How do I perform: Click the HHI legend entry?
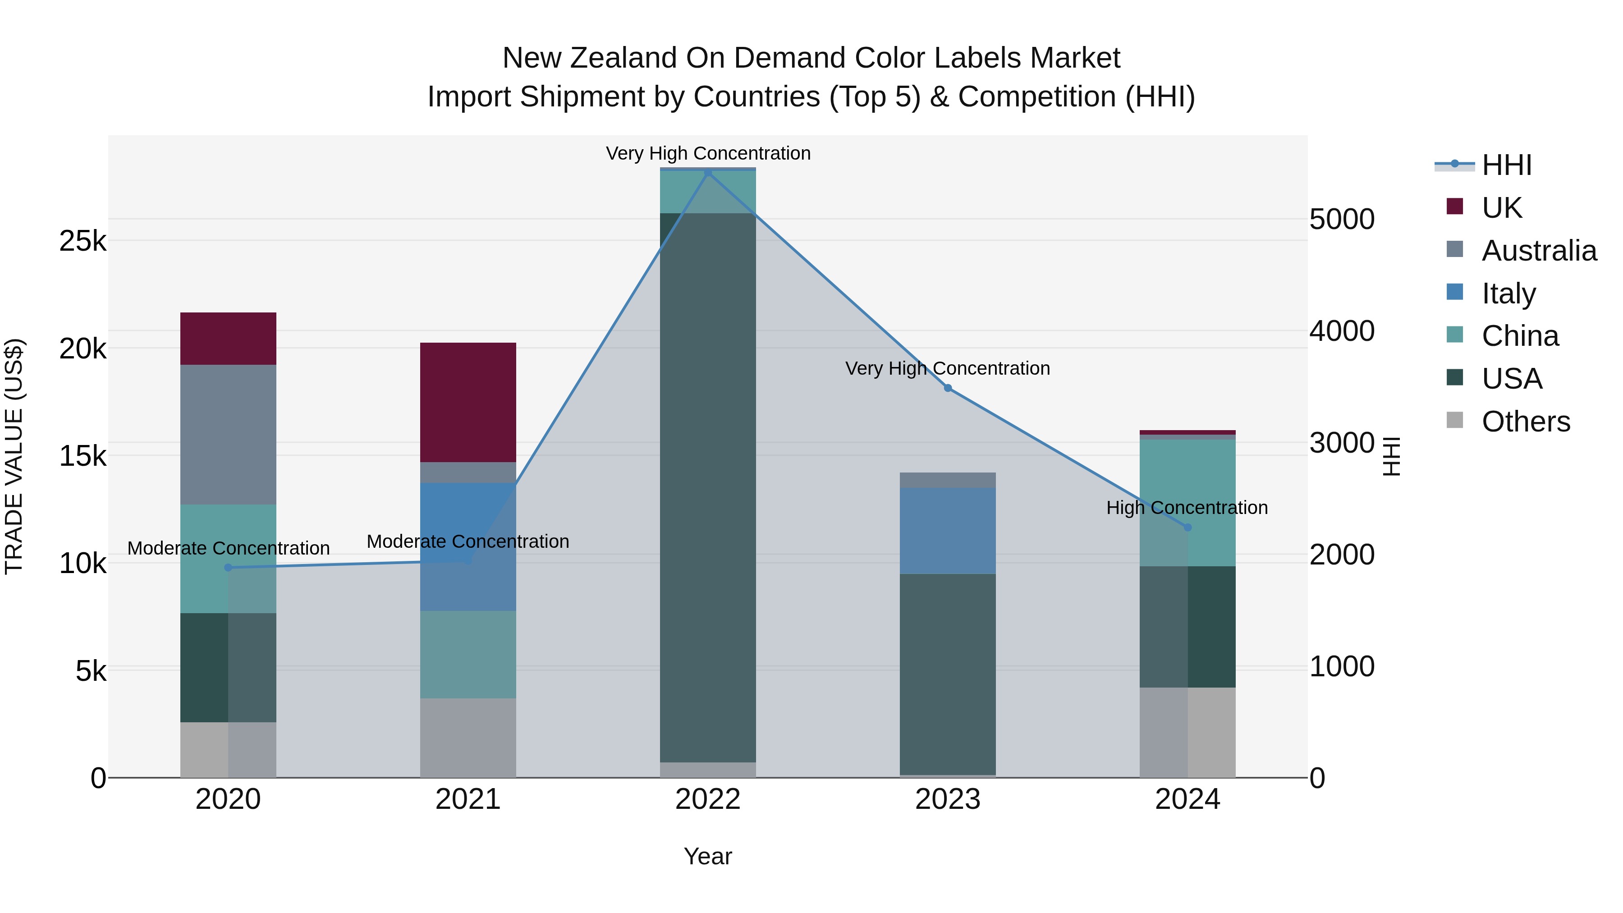[x=1506, y=165]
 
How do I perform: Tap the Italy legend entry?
[x=1508, y=294]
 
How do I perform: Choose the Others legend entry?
[x=1525, y=422]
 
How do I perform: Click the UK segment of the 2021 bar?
[x=468, y=402]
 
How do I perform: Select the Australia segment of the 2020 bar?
[x=228, y=434]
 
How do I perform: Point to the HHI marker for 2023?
[x=948, y=388]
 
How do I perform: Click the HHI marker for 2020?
[x=228, y=568]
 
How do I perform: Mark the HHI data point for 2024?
[x=1187, y=528]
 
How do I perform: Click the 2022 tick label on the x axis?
[x=707, y=799]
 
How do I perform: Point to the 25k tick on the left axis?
[x=83, y=241]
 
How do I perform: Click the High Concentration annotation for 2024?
[x=1187, y=507]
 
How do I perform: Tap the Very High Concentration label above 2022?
[x=708, y=153]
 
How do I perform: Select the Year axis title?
[x=707, y=856]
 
